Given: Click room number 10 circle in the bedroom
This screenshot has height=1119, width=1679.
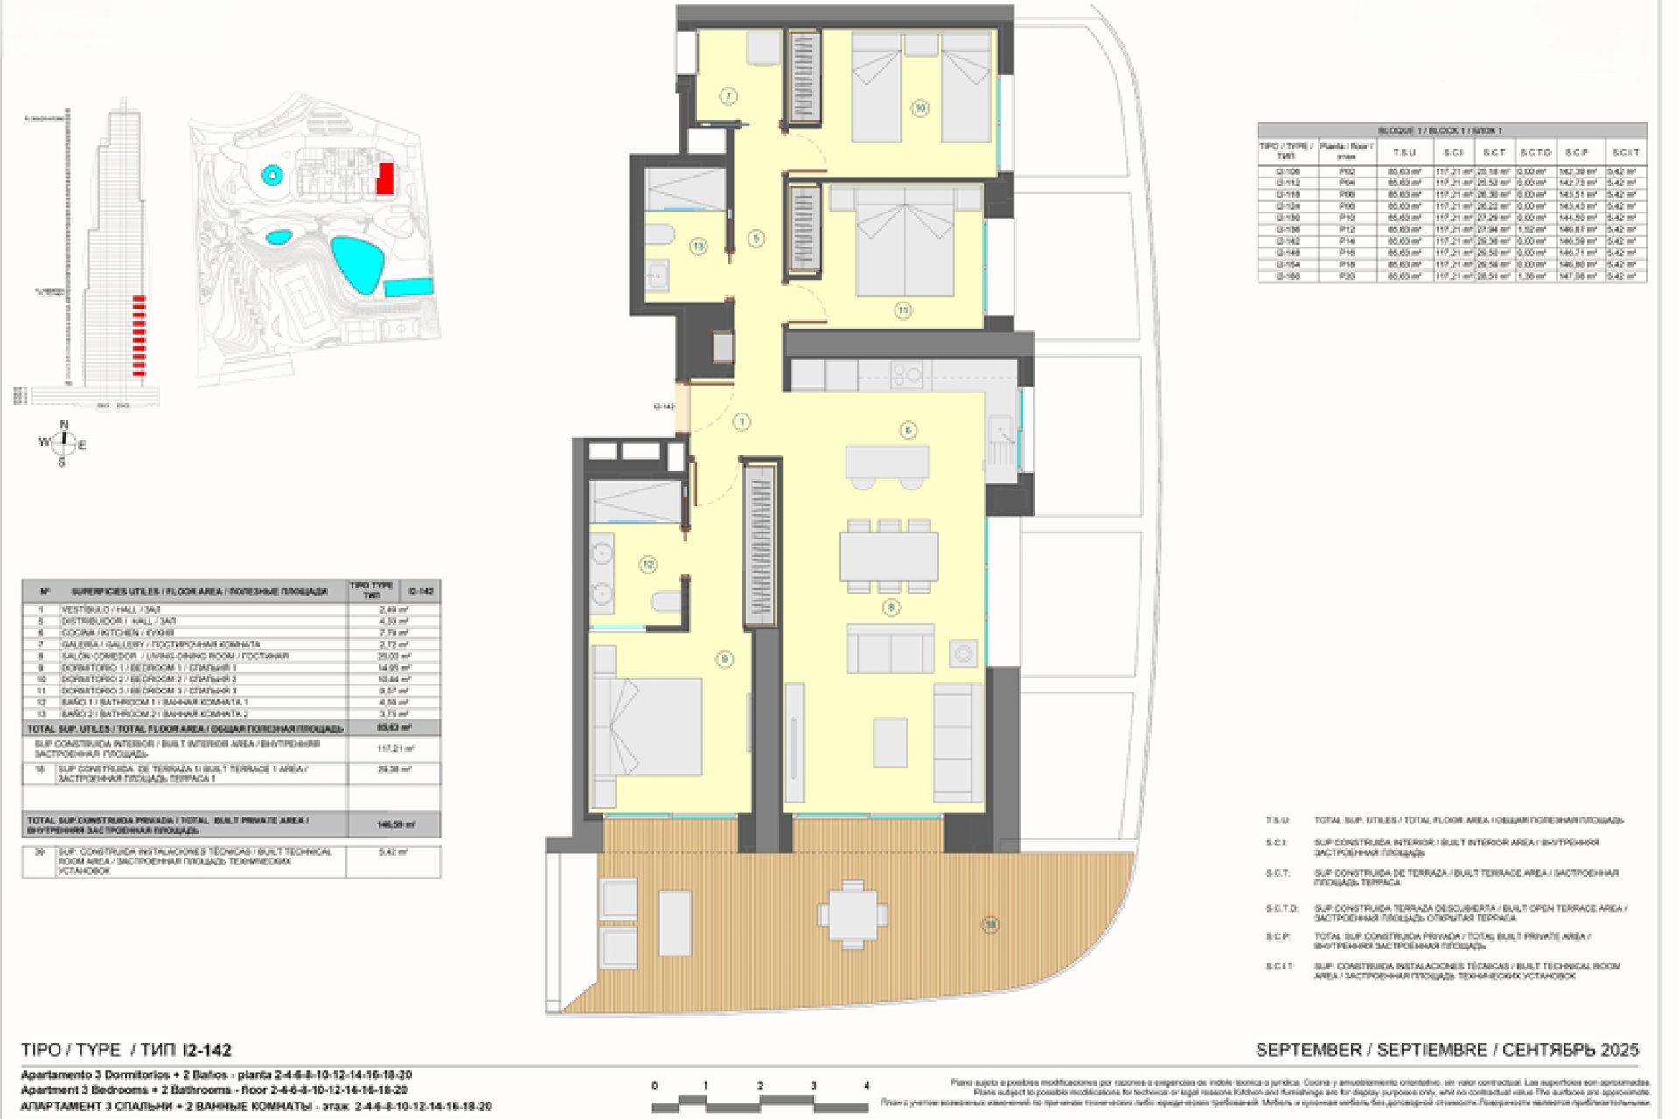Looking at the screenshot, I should point(920,108).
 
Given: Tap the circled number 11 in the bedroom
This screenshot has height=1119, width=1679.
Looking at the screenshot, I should point(902,309).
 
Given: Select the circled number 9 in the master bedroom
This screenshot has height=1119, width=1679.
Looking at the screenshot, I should point(724,659).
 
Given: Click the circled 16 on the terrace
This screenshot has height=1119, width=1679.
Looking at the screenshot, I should point(990,925).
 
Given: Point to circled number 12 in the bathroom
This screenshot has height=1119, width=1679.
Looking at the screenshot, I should point(648,565).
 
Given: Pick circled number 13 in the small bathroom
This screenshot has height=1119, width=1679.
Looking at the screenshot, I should point(698,247).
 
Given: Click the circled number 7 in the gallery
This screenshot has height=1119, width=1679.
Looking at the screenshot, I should point(728,96).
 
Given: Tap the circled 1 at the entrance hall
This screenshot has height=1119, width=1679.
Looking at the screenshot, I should point(742,422).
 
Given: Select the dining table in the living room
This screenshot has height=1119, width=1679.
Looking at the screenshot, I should point(889,557).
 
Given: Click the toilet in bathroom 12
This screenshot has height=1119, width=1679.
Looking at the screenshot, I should point(666,601).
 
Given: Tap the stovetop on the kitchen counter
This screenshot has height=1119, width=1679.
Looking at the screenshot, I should point(906,376).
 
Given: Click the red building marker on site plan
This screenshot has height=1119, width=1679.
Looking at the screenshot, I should point(384,178).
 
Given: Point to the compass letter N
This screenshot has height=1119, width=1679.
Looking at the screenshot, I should point(64,426).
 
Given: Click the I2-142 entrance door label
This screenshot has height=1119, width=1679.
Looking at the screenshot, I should point(664,407).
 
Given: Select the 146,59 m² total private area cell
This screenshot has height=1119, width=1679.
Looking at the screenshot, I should point(395,824).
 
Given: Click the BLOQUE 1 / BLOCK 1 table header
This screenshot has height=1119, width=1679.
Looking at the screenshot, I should point(1452,130).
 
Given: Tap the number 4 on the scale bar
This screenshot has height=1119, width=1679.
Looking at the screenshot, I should point(867,1087).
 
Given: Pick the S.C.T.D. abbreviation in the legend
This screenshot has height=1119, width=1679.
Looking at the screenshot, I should point(1282,909).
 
